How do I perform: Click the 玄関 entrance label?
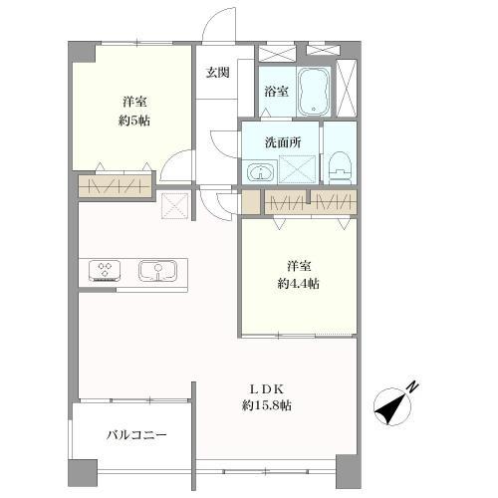click(217, 73)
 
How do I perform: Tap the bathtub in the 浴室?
click(314, 91)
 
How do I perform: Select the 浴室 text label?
click(276, 92)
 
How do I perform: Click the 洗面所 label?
click(283, 142)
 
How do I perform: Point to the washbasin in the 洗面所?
click(261, 172)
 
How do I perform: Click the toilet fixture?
click(340, 167)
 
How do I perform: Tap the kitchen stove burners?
click(105, 271)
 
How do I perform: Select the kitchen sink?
click(157, 271)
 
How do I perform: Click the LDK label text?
click(266, 388)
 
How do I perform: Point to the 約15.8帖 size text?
click(267, 405)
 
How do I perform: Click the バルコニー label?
click(136, 434)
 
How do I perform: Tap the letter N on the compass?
click(412, 386)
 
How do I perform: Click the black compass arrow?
click(391, 408)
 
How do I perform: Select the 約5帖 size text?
click(134, 121)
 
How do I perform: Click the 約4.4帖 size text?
click(299, 284)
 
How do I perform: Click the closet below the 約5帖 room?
click(115, 186)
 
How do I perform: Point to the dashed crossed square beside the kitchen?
click(175, 206)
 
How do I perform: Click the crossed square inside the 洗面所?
click(297, 169)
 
